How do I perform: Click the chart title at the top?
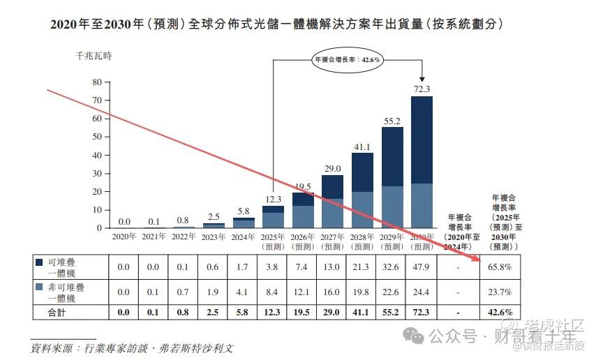click(277, 24)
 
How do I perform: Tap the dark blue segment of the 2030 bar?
click(422, 140)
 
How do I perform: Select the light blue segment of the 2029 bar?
click(392, 207)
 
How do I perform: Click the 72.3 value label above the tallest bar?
click(422, 89)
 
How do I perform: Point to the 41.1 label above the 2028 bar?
click(362, 146)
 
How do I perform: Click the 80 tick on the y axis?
click(96, 82)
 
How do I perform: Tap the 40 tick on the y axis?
click(96, 155)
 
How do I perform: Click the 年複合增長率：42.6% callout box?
click(347, 60)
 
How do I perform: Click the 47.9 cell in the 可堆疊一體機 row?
click(422, 267)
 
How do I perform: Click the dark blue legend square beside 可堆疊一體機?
click(40, 262)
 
